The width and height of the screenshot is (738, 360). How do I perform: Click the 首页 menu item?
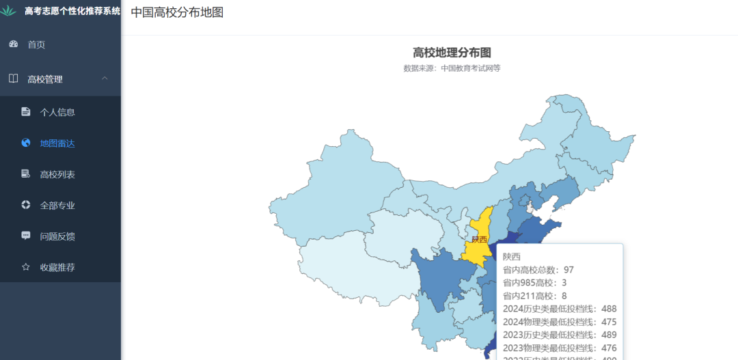coord(36,44)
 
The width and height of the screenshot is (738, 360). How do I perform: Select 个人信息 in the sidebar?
coord(57,112)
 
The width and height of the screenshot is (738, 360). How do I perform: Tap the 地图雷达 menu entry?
coord(57,143)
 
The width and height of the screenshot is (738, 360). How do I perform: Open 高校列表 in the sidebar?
coord(57,174)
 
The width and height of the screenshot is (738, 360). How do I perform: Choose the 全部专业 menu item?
coord(57,205)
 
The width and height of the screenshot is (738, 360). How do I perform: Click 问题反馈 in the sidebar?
coord(57,236)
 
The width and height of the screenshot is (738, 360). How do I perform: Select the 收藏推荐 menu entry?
coord(57,267)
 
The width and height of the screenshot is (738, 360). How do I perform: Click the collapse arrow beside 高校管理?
coord(105,79)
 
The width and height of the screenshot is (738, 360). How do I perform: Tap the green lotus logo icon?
coord(9,11)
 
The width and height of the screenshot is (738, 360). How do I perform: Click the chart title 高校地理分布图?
coord(452,53)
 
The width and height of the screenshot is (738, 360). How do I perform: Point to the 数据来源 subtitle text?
coord(452,68)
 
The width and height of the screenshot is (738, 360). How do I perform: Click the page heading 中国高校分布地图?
coord(177,12)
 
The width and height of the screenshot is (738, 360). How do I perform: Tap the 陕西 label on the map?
coord(479,239)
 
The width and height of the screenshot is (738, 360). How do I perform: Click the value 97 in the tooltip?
coord(569,270)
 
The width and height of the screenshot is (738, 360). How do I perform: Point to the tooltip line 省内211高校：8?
coord(535,296)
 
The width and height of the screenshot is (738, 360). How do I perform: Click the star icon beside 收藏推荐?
coord(26,267)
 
